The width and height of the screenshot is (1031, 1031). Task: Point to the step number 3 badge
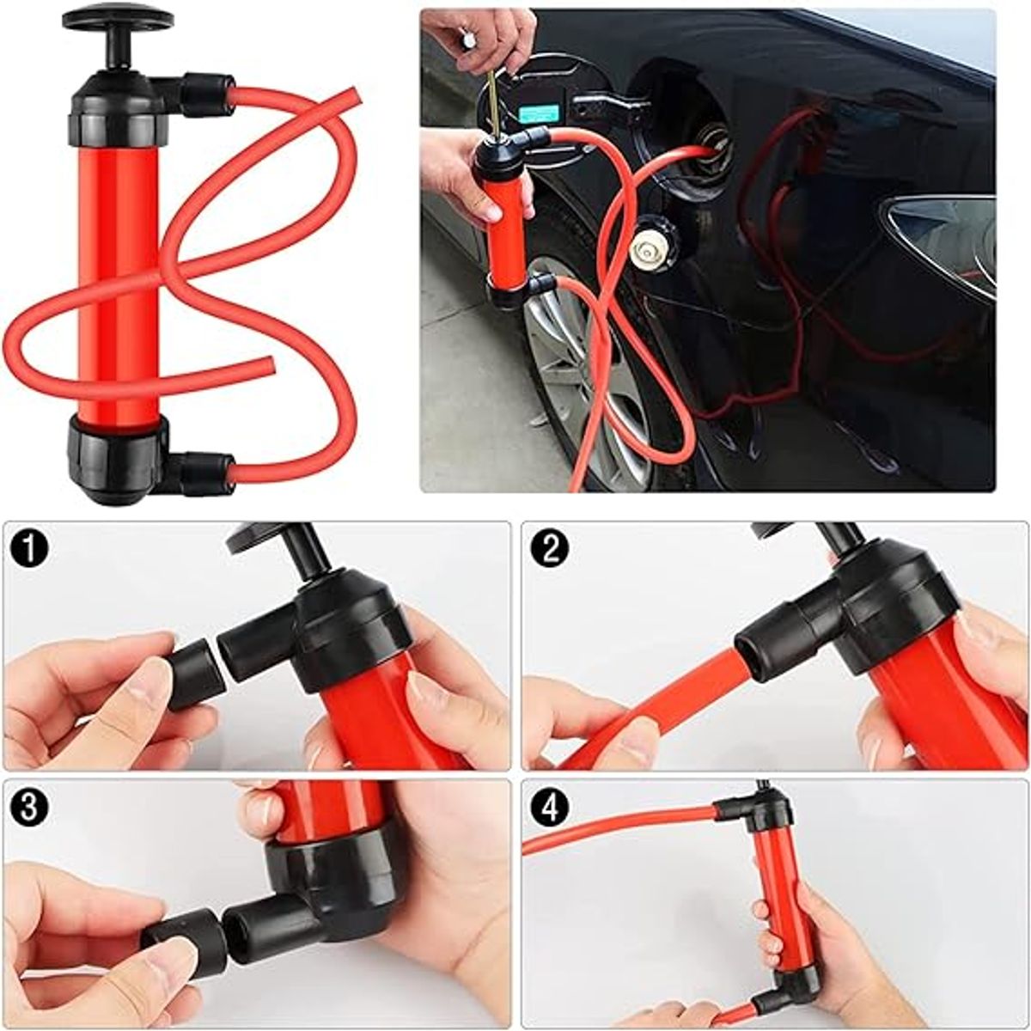coord(29,809)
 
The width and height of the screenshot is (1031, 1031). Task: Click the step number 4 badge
coord(551,809)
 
